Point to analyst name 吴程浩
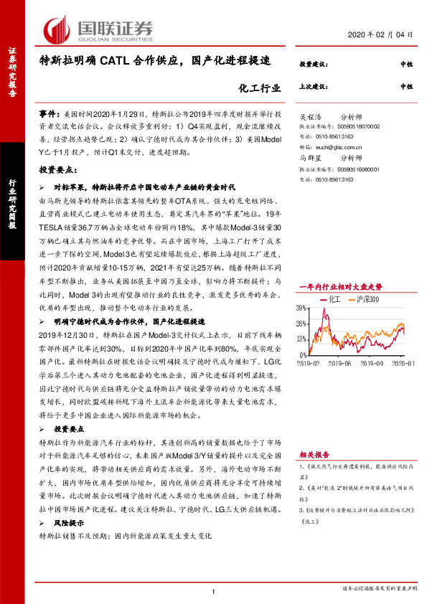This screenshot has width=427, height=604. pyautogui.click(x=311, y=115)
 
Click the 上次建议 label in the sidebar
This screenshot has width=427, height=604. pyautogui.click(x=314, y=86)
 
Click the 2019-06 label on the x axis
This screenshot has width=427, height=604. pyautogui.click(x=343, y=364)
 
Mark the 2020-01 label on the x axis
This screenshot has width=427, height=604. pyautogui.click(x=403, y=364)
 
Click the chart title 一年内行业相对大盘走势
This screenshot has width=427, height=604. pyautogui.click(x=341, y=286)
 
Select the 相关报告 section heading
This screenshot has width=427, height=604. pyautogui.click(x=314, y=454)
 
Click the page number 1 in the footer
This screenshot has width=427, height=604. pyautogui.click(x=214, y=590)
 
